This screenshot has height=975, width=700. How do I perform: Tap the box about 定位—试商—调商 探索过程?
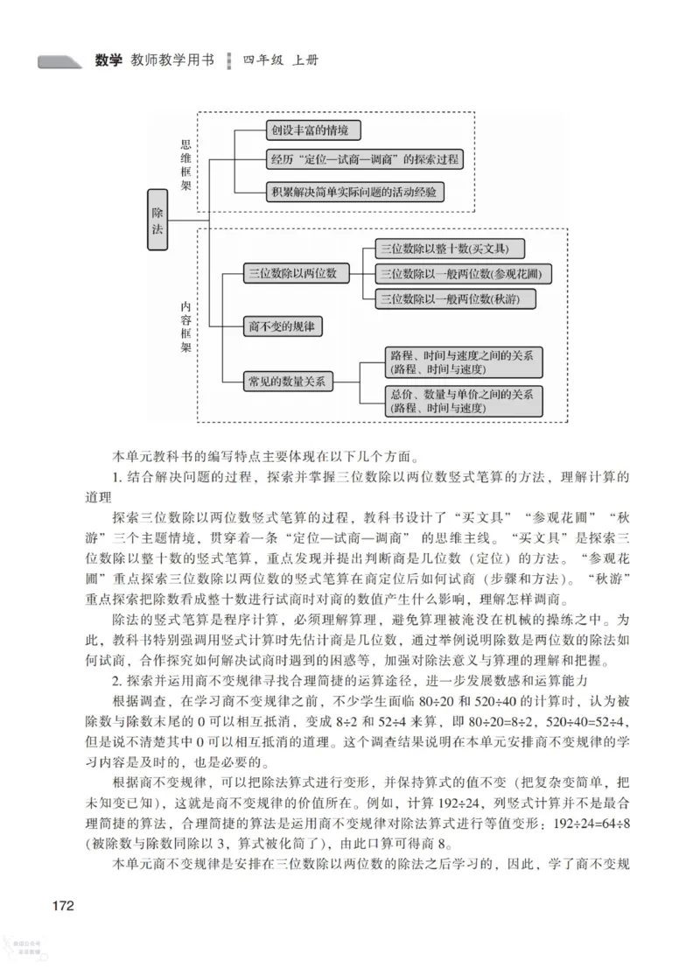tap(363, 159)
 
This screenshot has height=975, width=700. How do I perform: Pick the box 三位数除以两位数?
tap(290, 274)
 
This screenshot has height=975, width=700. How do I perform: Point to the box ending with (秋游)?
tap(455, 300)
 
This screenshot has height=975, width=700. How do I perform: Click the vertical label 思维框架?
tap(185, 164)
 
